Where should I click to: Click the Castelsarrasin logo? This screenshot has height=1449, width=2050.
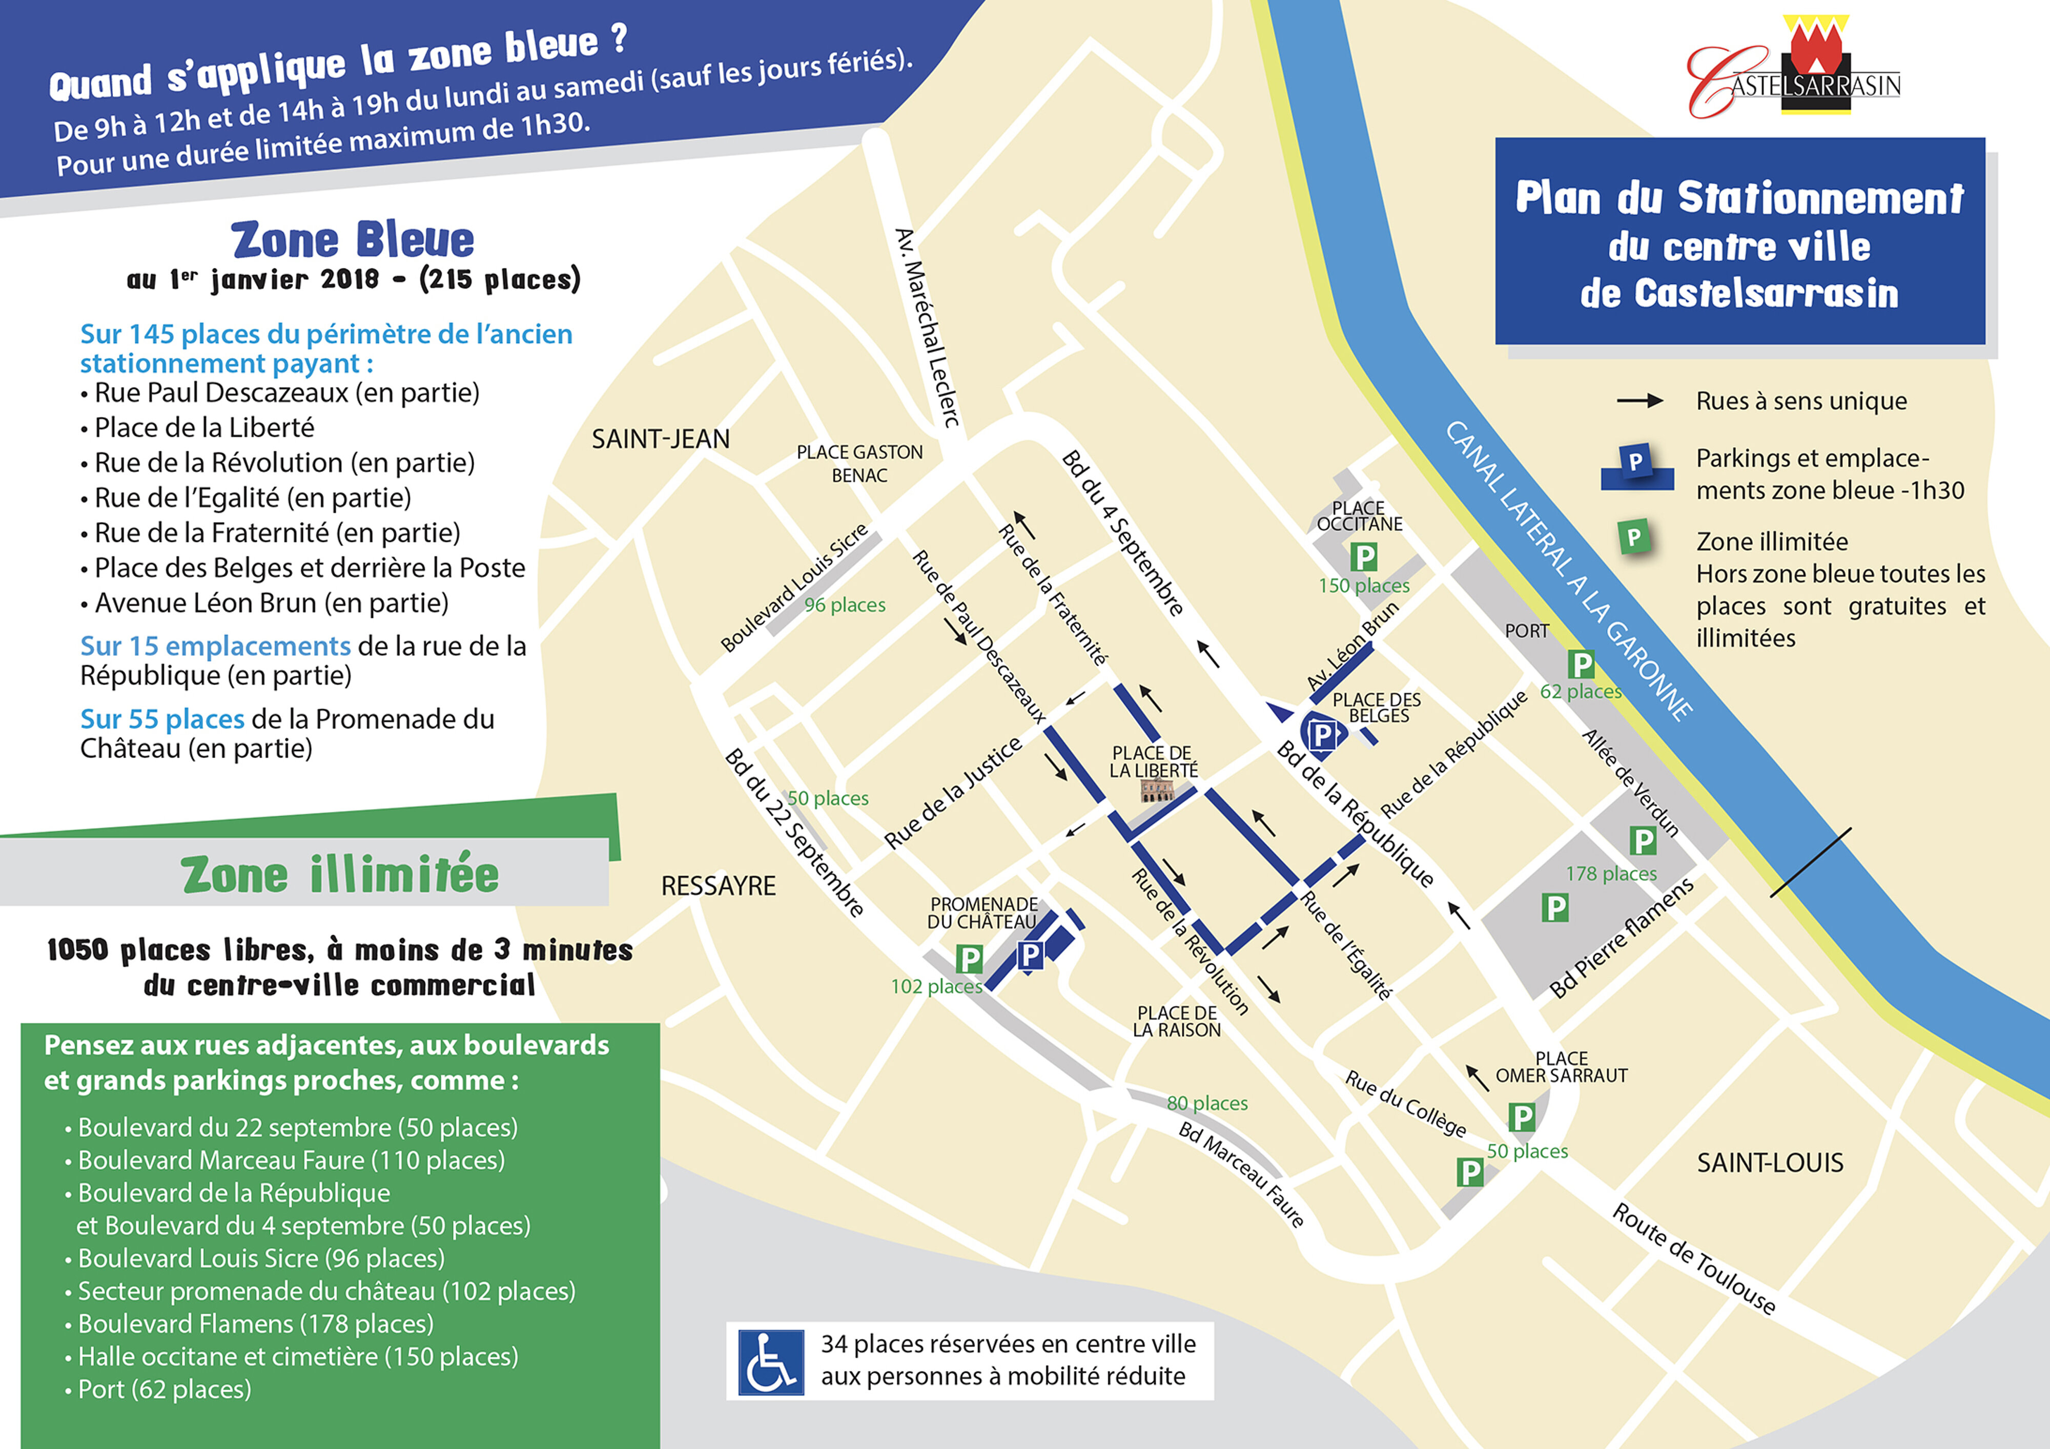[x=1795, y=70]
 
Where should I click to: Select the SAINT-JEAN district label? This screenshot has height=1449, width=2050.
[x=661, y=439]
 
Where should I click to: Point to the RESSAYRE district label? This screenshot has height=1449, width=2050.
[x=718, y=886]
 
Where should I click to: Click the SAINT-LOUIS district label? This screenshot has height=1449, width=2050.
[x=1770, y=1163]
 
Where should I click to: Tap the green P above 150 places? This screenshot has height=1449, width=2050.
[x=1363, y=557]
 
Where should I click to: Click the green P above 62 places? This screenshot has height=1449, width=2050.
[x=1581, y=664]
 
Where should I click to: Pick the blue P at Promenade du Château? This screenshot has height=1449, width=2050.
[x=1030, y=955]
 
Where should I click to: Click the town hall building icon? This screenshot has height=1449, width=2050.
[x=1157, y=790]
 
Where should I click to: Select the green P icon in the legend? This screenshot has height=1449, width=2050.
[x=1634, y=537]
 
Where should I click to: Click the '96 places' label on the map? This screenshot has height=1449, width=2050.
[x=845, y=605]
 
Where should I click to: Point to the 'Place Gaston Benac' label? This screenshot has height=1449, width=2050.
[x=859, y=463]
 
